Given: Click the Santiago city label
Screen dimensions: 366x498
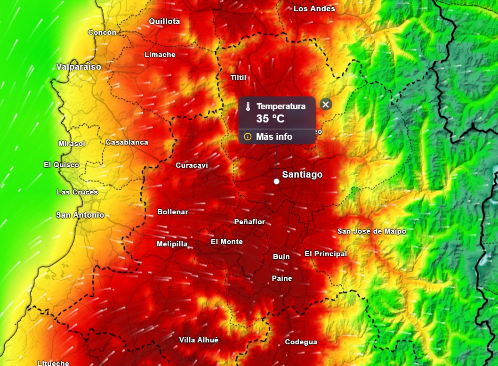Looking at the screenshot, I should (302, 175).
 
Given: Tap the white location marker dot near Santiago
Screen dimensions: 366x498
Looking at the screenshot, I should (276, 181).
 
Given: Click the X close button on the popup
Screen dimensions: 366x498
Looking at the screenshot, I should (326, 105).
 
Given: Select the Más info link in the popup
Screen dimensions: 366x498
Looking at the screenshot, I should (274, 137).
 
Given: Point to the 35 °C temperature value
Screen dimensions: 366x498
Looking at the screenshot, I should (270, 119).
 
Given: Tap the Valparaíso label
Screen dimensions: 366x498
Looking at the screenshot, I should (79, 67).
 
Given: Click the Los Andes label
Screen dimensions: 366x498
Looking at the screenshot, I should (314, 9).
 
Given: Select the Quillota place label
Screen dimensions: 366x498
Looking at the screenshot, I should (164, 21).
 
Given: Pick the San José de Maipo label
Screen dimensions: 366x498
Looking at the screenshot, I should (372, 231).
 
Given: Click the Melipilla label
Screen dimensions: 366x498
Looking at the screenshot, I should (172, 244).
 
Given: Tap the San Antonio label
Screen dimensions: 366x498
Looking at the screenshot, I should (80, 215).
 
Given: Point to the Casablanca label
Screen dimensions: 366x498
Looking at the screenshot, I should (127, 142).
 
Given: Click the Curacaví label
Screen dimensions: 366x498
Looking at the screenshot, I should (192, 165).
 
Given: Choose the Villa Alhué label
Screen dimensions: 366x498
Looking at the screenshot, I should (199, 340).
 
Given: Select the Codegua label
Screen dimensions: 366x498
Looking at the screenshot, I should (301, 342).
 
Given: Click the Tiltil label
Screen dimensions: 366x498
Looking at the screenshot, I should (238, 78).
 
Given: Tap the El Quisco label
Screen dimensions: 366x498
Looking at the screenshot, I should (61, 165).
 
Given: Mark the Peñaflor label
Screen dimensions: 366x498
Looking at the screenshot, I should (249, 222).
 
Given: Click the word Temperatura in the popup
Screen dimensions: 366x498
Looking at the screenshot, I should (281, 107).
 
